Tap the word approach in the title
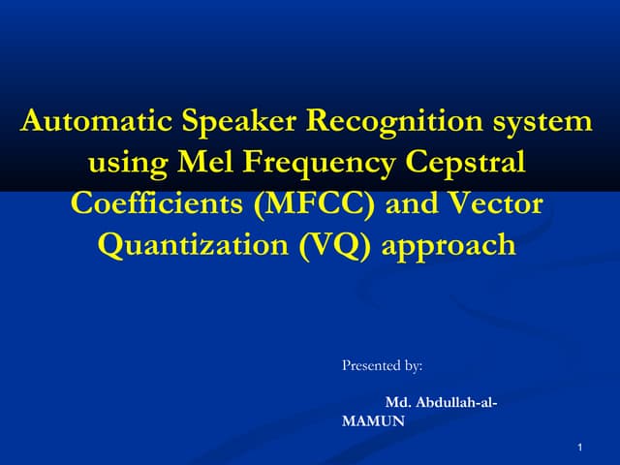[450, 246]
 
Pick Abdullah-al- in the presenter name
[456, 401]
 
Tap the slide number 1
[578, 447]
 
